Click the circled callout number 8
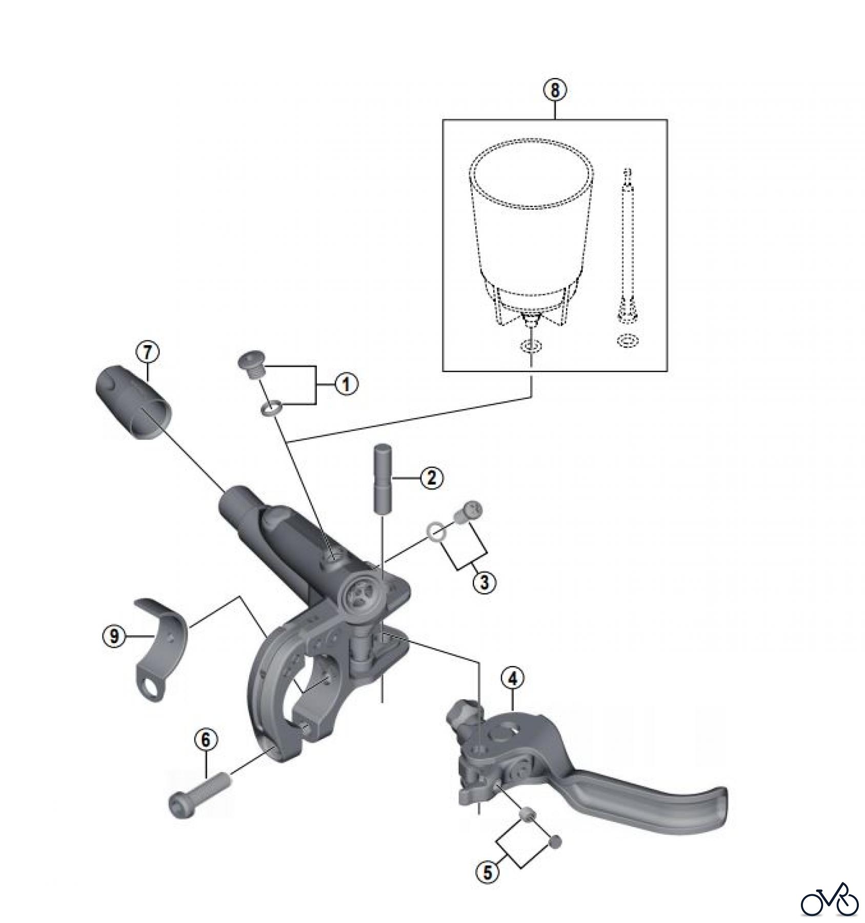[555, 91]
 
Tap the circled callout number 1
[346, 384]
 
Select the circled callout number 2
[431, 478]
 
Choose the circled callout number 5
[487, 872]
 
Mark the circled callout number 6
[206, 739]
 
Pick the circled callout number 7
[147, 353]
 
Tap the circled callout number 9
[114, 637]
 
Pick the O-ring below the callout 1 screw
[270, 408]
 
